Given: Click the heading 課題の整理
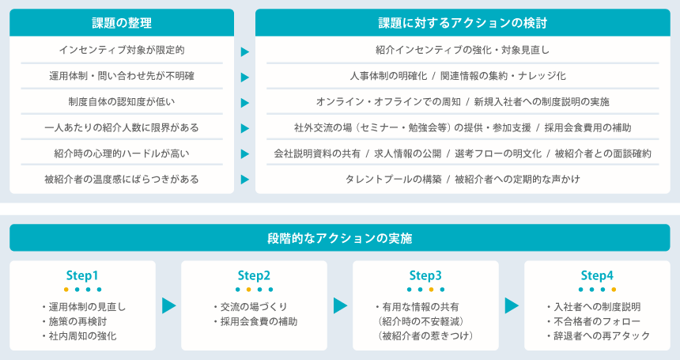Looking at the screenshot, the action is (122, 23).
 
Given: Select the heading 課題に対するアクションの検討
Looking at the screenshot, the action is (463, 23).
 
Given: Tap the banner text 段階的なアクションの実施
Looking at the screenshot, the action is (339, 238).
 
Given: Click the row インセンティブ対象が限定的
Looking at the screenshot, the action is (122, 50).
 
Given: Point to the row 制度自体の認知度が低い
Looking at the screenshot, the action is (122, 101).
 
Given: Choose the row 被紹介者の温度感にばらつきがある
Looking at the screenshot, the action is (122, 179).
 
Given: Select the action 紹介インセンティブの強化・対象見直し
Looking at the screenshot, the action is (463, 50).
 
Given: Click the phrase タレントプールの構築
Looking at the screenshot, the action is (393, 179).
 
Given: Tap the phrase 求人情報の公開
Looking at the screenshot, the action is (408, 153).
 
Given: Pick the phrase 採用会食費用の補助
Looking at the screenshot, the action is (587, 127).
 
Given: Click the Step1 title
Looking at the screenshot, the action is (82, 275).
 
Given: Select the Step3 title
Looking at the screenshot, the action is (425, 275).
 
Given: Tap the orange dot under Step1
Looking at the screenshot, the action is (66, 290).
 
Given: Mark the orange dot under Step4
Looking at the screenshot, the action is (614, 290).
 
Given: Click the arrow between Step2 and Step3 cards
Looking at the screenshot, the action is (341, 305).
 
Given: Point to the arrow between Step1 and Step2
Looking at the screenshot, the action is (169, 305).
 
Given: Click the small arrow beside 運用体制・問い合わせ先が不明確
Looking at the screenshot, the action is (245, 78).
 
